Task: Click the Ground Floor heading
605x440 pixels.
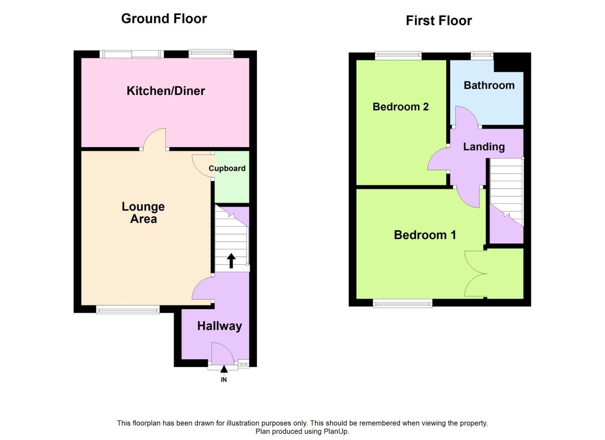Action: [x=164, y=19]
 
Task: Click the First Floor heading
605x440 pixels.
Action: [x=439, y=21]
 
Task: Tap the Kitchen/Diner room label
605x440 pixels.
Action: [x=166, y=91]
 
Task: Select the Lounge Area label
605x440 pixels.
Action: [x=143, y=213]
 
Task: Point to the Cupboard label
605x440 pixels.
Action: [x=227, y=169]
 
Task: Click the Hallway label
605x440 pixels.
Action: [x=220, y=326]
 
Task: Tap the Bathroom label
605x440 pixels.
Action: [x=489, y=86]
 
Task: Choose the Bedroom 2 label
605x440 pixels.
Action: [x=400, y=107]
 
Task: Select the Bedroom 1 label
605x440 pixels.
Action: [x=425, y=235]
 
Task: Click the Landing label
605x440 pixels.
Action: [x=484, y=147]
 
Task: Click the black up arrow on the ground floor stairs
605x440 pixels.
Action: [x=231, y=261]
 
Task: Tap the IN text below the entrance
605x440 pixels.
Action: [x=224, y=380]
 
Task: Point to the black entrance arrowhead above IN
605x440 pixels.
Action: [x=224, y=369]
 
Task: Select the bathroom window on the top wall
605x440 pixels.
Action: [x=482, y=55]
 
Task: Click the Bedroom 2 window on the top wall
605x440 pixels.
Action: [x=398, y=55]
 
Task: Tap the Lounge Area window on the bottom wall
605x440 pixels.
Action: [x=128, y=310]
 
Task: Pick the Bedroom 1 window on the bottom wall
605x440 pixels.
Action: [x=403, y=304]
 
